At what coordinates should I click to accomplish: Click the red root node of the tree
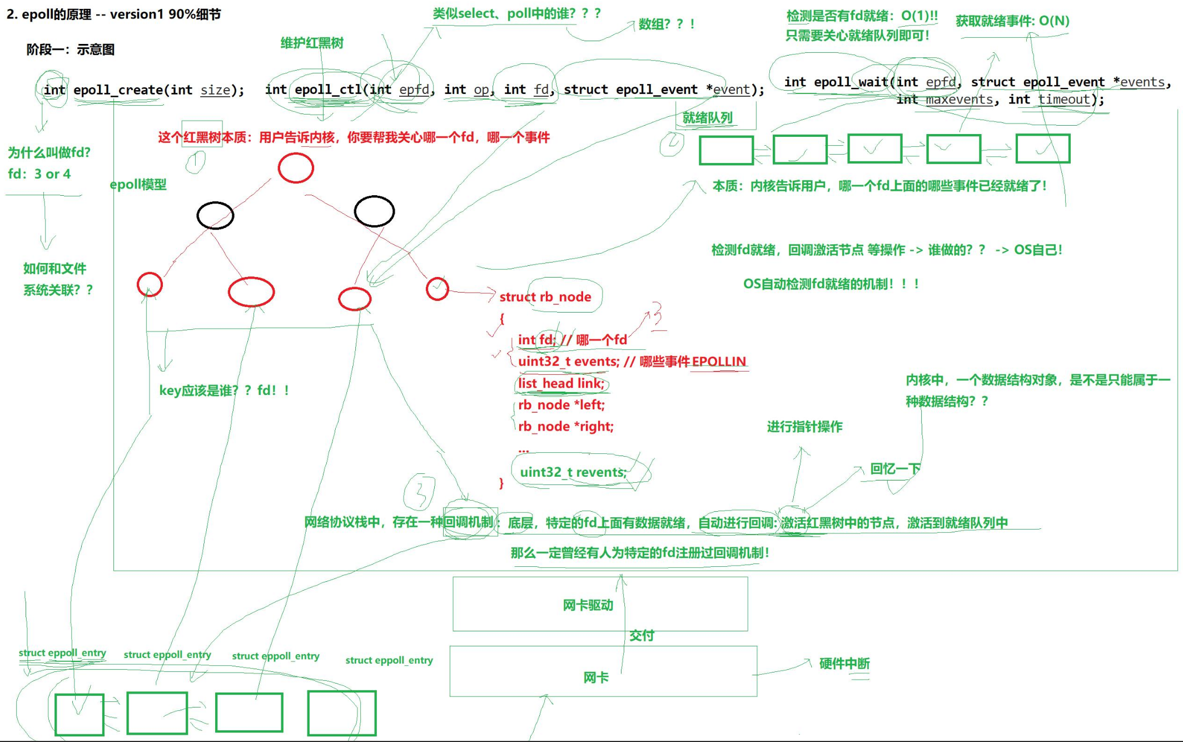[x=296, y=168]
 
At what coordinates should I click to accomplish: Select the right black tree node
[x=374, y=211]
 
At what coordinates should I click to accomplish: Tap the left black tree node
[x=215, y=215]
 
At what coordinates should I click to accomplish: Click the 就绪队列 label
[x=707, y=118]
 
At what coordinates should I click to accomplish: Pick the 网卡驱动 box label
[x=588, y=605]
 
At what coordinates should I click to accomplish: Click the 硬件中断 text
[x=844, y=664]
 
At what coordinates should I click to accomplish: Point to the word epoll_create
[x=117, y=90]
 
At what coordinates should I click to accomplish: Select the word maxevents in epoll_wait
[x=959, y=100]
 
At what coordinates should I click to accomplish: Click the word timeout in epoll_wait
[x=1063, y=100]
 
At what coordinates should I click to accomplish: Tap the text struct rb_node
[x=545, y=297]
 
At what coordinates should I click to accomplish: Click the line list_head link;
[x=560, y=383]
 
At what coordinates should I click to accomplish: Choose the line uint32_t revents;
[x=573, y=472]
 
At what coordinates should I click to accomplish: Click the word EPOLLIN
[x=718, y=362]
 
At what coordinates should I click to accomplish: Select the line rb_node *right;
[x=565, y=427]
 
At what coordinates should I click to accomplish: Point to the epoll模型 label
[x=138, y=185]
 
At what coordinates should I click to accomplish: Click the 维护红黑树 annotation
[x=312, y=43]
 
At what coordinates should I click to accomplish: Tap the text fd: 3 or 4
[x=39, y=174]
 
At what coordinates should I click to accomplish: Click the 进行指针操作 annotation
[x=804, y=427]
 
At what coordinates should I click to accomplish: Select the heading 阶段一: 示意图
[x=70, y=50]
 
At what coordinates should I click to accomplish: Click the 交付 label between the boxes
[x=641, y=636]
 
